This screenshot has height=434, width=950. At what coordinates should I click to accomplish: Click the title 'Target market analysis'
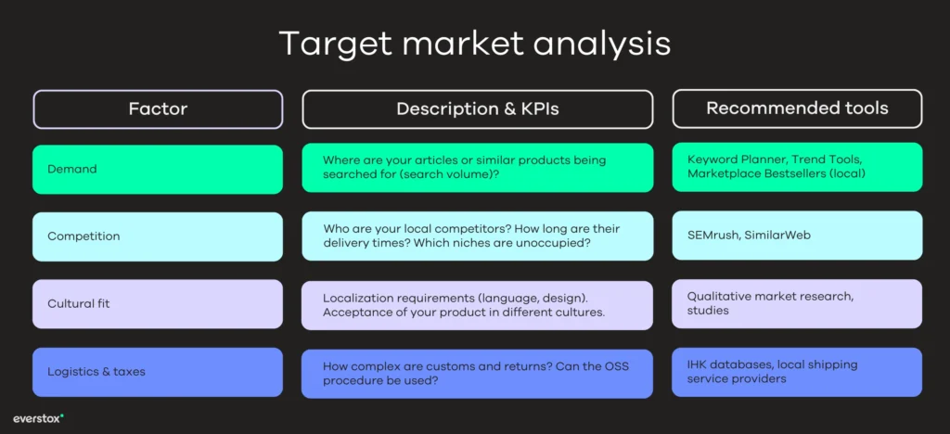(474, 45)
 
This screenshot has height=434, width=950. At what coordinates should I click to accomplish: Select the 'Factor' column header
(158, 109)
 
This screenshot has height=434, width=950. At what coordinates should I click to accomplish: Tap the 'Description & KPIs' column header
(477, 109)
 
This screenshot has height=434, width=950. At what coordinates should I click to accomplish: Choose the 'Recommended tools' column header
(797, 108)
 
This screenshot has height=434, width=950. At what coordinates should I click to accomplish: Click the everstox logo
(38, 418)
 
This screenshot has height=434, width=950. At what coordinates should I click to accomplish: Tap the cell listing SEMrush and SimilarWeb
(797, 236)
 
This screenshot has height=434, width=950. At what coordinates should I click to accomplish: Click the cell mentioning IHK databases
(797, 371)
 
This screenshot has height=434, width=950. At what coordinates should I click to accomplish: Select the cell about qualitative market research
(797, 303)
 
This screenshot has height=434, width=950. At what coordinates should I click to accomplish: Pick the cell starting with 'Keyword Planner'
(797, 167)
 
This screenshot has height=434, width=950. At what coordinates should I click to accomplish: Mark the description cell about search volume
(477, 168)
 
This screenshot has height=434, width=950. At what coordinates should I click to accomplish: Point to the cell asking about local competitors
(477, 236)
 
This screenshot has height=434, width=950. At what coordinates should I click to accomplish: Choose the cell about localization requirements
(477, 305)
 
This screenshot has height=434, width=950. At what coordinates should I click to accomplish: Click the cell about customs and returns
(477, 373)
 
